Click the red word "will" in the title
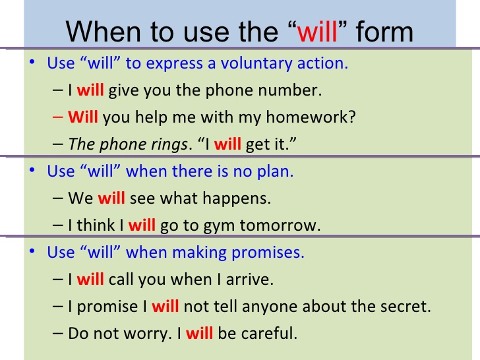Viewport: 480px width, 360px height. click(x=318, y=32)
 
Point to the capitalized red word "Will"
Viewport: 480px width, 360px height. click(x=83, y=117)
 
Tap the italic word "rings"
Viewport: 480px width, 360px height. click(x=168, y=144)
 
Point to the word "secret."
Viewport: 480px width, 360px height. click(x=406, y=307)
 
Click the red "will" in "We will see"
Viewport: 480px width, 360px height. click(x=111, y=198)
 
